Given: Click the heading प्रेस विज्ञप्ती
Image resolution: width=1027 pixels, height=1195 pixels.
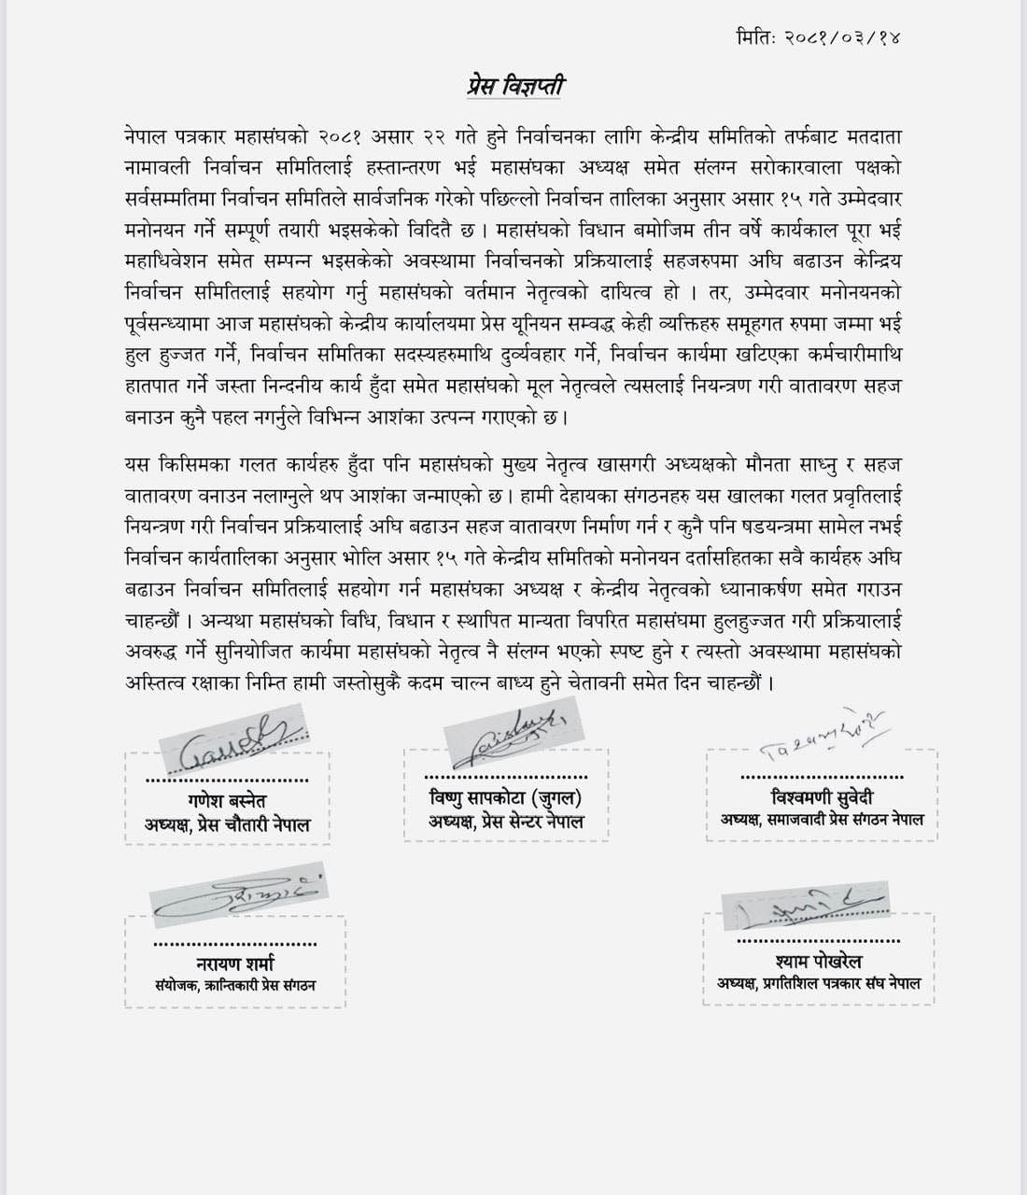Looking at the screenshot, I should point(515,87).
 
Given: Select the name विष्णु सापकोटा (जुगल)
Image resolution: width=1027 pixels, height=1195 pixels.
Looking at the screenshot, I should point(505,797).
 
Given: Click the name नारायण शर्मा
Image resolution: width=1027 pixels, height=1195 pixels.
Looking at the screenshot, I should point(235,963).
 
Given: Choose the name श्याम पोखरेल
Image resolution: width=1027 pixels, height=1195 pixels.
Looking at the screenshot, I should point(819,961).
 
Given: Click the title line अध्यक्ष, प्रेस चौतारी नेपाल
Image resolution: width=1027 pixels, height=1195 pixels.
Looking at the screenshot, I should point(228,825).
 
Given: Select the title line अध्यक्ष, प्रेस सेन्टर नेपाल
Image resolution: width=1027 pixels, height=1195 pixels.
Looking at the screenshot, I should point(506,822).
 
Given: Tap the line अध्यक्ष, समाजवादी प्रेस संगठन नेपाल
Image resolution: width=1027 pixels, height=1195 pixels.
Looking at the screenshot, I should point(822,820).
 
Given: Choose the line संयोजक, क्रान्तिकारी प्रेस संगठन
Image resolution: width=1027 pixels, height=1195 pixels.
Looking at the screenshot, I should point(235,985).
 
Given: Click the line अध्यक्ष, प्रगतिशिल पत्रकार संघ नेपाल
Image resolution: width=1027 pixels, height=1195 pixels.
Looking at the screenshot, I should point(819,983).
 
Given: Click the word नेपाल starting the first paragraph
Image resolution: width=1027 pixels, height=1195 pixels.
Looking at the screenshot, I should point(145,136).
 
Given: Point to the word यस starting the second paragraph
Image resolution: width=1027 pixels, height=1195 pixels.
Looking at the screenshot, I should point(137,464).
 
